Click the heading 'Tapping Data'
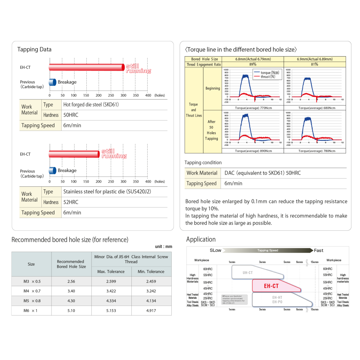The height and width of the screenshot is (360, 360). [34, 50]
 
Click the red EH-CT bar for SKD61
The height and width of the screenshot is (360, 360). [86, 67]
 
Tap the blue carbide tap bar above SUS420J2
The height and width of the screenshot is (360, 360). [53, 170]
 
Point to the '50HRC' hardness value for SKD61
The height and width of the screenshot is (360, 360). [71, 115]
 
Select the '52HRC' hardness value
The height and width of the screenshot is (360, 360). [71, 202]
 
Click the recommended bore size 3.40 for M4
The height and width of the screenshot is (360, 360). [71, 291]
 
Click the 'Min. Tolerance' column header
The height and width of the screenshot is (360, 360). [151, 271]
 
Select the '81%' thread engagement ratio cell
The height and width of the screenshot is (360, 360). [315, 64]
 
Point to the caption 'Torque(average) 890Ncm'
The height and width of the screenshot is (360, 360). [253, 151]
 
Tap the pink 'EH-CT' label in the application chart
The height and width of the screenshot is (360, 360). [271, 286]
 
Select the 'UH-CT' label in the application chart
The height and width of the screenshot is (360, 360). [248, 273]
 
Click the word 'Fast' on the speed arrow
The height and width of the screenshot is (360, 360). [318, 251]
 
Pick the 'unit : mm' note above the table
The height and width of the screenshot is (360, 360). [163, 247]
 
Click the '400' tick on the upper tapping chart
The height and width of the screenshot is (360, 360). [148, 95]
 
